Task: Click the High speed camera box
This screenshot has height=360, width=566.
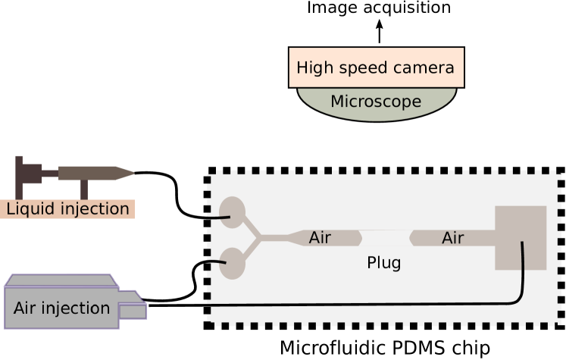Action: (376, 68)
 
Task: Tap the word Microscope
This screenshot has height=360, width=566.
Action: (376, 102)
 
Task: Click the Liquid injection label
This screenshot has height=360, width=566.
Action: (67, 209)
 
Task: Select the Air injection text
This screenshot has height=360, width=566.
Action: (61, 308)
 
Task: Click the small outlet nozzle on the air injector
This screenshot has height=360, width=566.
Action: (132, 311)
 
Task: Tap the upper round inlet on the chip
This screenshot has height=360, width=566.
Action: (232, 212)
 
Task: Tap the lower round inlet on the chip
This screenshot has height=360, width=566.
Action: (232, 264)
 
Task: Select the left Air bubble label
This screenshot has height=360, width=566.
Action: (320, 238)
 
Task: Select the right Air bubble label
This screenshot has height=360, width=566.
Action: (452, 238)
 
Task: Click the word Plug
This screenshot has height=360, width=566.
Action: (383, 263)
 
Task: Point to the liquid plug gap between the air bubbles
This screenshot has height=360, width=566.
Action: (385, 230)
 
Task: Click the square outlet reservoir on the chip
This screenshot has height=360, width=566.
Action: (521, 237)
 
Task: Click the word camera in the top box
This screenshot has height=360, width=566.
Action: (425, 68)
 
